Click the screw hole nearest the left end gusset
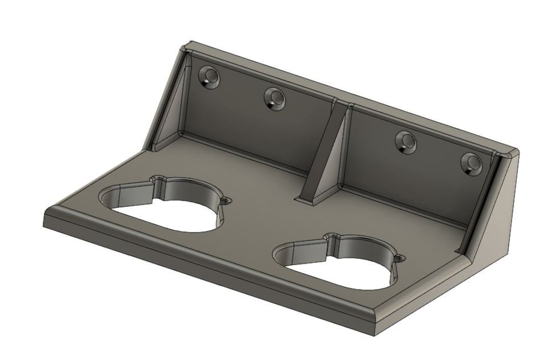coord(209,78)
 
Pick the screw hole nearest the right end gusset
coord(471,163)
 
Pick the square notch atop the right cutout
coord(333,237)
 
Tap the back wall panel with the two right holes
coord(418,174)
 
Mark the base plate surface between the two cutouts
coord(255,225)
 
